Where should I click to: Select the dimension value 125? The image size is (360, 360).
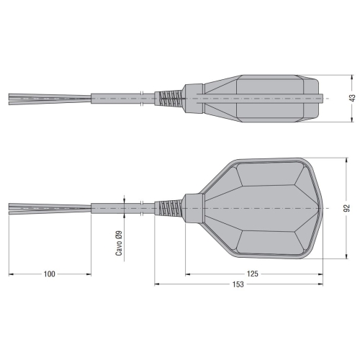pos(253,274)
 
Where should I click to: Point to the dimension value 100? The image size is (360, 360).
pos(50,274)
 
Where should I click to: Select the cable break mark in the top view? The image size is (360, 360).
pos(143,208)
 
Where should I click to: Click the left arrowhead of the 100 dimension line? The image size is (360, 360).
pos(11,274)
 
